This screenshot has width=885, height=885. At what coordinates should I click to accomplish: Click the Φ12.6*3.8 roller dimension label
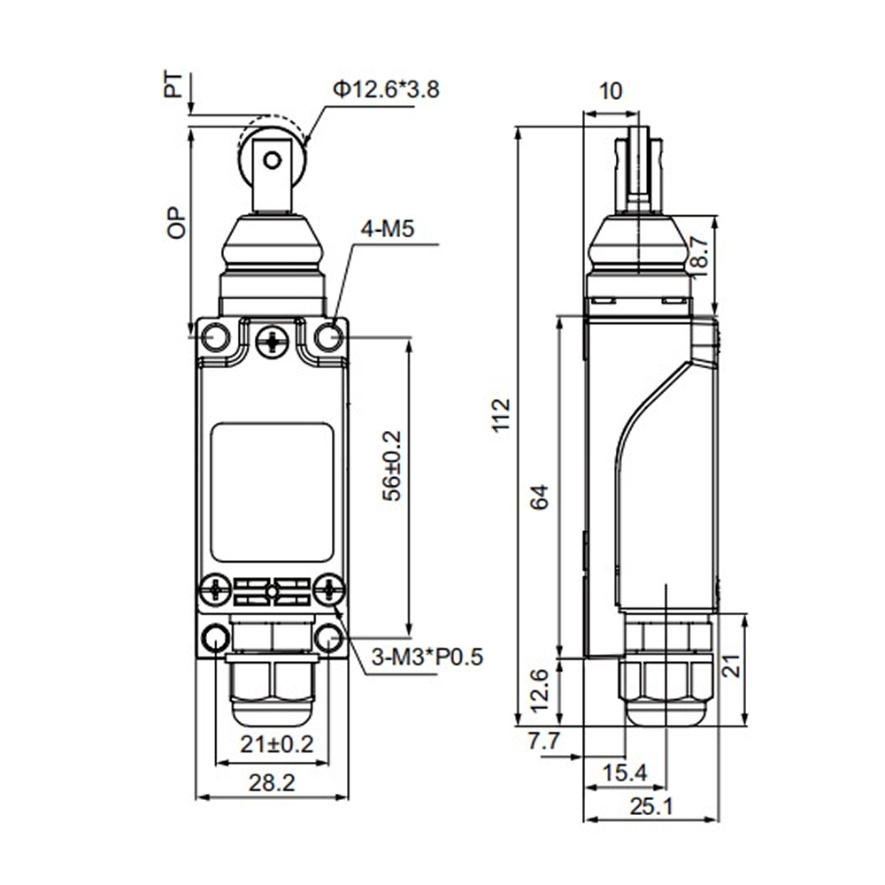(x=386, y=89)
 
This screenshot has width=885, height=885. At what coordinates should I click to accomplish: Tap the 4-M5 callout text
(x=388, y=229)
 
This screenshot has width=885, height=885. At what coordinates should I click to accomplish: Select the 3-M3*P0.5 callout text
(x=427, y=657)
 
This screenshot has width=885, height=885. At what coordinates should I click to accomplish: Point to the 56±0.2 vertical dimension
(x=392, y=466)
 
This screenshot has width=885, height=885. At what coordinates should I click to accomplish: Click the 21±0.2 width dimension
(x=276, y=744)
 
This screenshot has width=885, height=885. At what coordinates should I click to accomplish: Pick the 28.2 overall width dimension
(x=272, y=783)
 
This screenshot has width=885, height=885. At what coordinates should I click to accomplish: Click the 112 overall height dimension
(x=501, y=415)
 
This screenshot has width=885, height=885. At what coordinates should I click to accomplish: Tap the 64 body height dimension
(x=540, y=496)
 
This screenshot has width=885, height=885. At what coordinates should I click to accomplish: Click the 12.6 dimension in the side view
(x=540, y=690)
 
